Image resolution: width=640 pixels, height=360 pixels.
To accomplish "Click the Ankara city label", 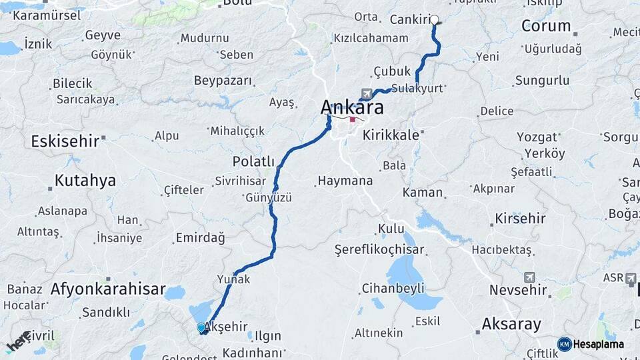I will point(352,107).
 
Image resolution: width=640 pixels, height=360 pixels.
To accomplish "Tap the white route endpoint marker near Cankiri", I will point(435,19).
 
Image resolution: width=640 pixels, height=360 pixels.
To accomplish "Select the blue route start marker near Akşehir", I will point(201,327).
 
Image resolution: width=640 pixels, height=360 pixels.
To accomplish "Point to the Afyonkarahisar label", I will point(108,289).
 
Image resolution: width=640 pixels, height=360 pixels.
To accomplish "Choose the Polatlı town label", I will point(253,162).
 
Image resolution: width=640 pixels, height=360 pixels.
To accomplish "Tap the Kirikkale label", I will point(391,135).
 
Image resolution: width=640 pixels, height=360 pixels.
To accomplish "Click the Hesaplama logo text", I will point(598,344).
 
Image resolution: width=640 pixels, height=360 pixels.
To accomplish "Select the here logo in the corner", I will point(19,341).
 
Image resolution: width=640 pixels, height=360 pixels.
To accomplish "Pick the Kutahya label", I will point(85,180).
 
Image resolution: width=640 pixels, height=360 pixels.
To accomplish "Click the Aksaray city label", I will point(511,325).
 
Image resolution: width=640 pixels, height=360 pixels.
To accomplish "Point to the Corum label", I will point(546,26).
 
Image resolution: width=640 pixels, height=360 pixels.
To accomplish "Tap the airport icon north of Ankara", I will point(366,93).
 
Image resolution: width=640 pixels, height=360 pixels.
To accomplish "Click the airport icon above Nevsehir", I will point(529,277).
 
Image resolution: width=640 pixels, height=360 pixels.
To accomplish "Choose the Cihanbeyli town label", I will point(393,289).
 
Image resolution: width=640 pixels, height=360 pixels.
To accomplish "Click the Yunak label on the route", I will point(233,279).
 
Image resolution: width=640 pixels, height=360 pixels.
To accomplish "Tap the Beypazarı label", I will point(223,81).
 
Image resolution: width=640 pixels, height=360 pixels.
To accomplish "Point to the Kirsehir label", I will point(520,219).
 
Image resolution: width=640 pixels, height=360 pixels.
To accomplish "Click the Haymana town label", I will point(345,181).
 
